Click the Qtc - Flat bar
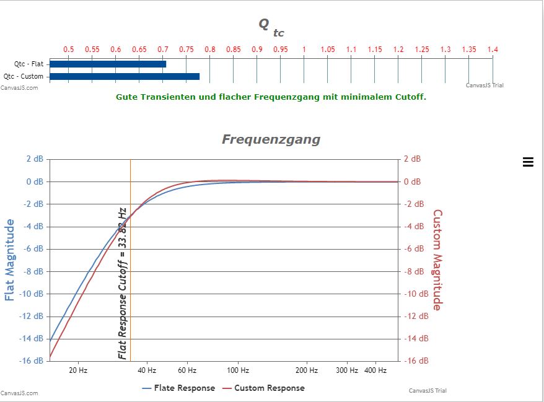[x=108, y=64]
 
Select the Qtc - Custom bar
[x=124, y=77]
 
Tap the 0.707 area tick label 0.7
[x=163, y=50]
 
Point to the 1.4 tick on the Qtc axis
[x=493, y=50]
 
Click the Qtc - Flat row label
[x=29, y=64]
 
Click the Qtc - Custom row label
[x=24, y=77]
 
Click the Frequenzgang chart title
[x=271, y=139]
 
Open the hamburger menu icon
[x=528, y=162]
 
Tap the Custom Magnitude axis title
[x=437, y=260]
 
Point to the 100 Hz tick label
[x=238, y=370]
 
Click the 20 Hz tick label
[x=78, y=370]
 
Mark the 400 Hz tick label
[x=375, y=370]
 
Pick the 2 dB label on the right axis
[x=412, y=159]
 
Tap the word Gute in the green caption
[x=126, y=97]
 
